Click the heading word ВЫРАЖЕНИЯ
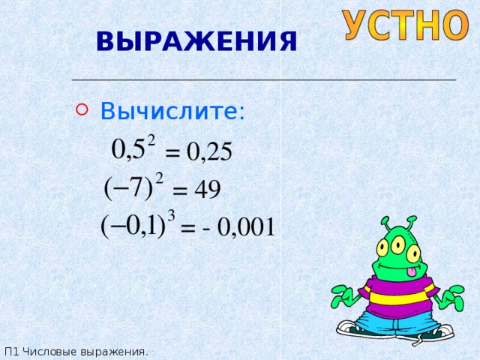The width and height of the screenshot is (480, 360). [x=196, y=40]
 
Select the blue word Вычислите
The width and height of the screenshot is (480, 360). [x=172, y=112]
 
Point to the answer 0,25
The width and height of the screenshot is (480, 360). [x=209, y=152]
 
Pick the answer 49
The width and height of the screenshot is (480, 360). [x=207, y=190]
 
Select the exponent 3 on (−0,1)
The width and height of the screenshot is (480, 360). [x=172, y=216]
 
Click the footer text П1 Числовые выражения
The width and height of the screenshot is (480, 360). [x=76, y=351]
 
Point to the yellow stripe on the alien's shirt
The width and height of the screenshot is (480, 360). [x=397, y=298]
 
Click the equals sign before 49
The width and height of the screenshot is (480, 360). [x=181, y=192]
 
